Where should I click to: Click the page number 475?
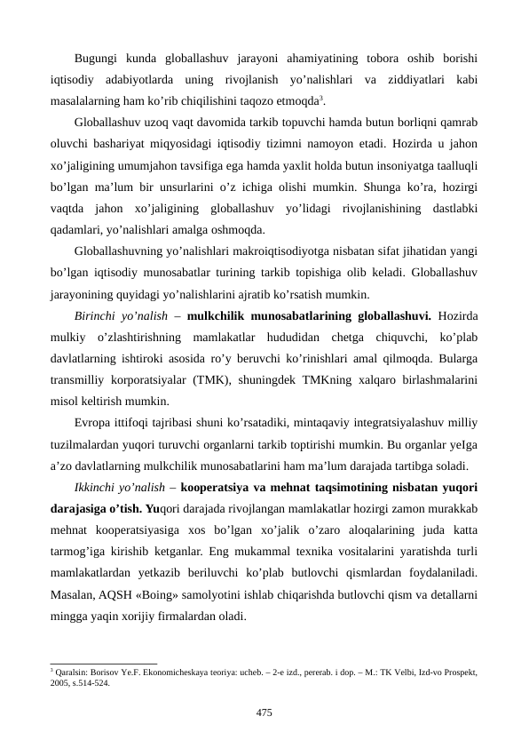[264, 712]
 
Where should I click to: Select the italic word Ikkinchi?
[101, 489]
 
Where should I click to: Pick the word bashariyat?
[122, 142]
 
